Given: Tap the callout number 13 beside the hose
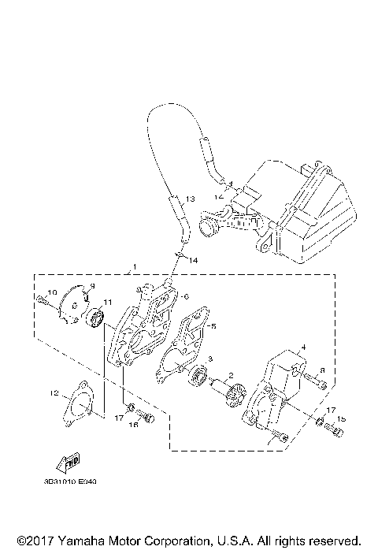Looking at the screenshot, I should pos(190,199).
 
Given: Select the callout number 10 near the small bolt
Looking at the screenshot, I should pos(53,293).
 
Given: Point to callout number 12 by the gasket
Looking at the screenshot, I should pos(53,392).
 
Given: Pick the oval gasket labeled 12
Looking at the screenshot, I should pos(78,405).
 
